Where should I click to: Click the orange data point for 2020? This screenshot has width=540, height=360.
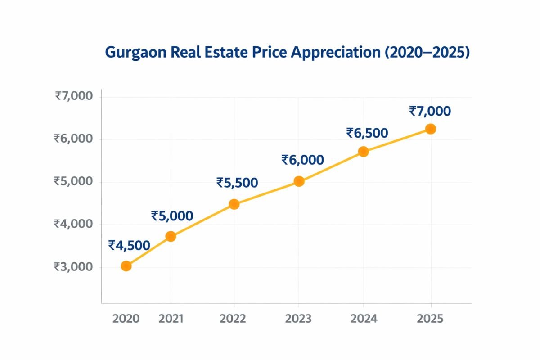click(x=126, y=266)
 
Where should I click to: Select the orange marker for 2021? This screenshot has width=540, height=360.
click(x=171, y=236)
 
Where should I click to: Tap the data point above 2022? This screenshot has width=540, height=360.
click(x=234, y=204)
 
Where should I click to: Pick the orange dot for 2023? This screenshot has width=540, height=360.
click(x=299, y=181)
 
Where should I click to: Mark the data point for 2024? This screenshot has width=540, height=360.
click(x=364, y=152)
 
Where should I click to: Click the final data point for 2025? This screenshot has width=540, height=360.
click(x=431, y=129)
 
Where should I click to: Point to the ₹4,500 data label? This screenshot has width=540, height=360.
click(x=129, y=245)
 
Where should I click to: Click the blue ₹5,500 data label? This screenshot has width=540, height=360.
click(x=237, y=183)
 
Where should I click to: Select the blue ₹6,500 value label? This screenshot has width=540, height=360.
click(x=367, y=133)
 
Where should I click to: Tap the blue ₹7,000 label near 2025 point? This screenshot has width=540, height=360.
click(x=430, y=111)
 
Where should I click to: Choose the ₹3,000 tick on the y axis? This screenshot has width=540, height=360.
click(x=73, y=267)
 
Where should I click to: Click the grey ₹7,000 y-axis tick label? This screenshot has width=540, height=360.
click(x=74, y=96)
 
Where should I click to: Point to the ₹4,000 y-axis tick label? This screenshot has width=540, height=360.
click(x=73, y=224)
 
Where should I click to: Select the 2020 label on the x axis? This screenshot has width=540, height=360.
click(x=126, y=319)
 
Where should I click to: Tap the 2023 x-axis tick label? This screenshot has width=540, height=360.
click(x=299, y=319)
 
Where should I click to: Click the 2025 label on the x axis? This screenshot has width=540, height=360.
click(x=430, y=319)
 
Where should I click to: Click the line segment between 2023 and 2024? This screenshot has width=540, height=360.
click(x=331, y=166)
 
